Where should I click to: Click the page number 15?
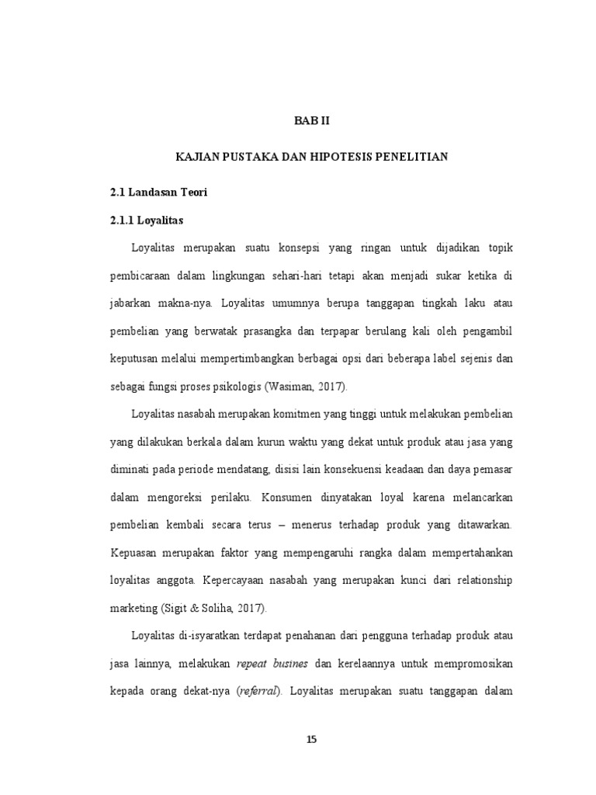(311, 739)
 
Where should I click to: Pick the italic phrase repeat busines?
(272, 665)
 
